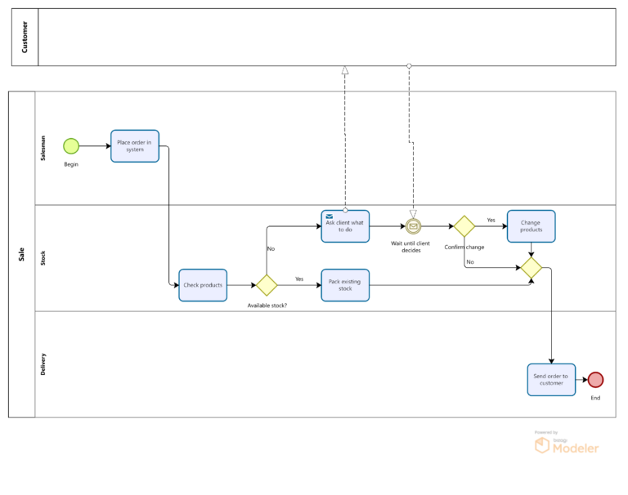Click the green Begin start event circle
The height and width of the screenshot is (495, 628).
coord(71,146)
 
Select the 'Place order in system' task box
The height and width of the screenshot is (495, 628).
coord(135,146)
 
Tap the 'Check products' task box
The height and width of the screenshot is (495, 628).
coord(203,285)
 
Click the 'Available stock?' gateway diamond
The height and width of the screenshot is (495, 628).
coord(267,285)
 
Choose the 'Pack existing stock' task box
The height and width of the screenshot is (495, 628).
coord(345,285)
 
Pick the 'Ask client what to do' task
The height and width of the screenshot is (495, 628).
coord(345,226)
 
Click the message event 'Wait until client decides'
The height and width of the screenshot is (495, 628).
coord(413,226)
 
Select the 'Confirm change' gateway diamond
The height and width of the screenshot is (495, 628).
coord(464,226)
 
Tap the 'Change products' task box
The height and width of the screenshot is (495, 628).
coord(531,226)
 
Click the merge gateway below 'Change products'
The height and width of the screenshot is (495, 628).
coord(532,267)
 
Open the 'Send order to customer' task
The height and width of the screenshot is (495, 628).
coord(551,380)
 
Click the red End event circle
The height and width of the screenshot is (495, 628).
coord(595,380)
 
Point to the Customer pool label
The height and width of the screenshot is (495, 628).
coord(25,37)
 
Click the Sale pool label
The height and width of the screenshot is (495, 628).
coord(21,255)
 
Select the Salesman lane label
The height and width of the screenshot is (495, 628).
coord(43,148)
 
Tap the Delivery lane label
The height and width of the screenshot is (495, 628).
coord(43,364)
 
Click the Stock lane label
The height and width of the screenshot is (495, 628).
coord(43,258)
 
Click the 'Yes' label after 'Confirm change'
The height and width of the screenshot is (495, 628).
coord(491,220)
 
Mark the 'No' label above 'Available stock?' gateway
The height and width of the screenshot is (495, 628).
coord(271,248)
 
